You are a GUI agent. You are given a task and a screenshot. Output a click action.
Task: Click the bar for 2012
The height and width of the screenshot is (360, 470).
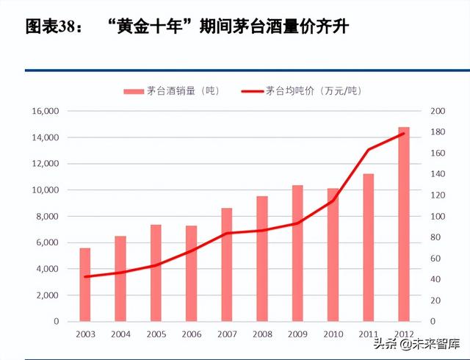404,224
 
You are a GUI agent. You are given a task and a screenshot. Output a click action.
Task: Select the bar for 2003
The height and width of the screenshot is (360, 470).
85,284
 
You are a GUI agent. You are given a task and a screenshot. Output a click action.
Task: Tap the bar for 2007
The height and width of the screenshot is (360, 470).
227,264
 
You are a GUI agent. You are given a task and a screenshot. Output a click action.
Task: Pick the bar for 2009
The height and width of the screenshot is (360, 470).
297,253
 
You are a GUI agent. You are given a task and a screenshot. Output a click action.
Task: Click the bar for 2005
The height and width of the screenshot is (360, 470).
156,273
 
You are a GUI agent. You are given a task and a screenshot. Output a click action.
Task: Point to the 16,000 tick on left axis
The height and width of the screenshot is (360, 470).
45,111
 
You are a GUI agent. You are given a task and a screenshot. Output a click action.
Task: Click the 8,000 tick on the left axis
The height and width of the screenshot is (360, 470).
47,216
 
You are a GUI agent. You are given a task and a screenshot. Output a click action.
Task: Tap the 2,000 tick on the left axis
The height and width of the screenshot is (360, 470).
47,295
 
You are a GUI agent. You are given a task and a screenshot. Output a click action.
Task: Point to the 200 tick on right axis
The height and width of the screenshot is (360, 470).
437,111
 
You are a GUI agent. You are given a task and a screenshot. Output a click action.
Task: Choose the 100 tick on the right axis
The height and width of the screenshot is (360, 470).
437,216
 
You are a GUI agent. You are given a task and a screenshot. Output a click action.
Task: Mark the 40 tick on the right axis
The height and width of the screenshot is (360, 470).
435,279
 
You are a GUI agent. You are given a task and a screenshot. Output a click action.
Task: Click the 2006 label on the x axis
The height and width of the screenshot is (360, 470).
191,334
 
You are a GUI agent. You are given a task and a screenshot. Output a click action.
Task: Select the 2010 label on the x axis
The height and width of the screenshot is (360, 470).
333,334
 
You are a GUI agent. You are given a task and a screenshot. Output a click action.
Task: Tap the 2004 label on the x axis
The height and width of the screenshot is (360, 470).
120,334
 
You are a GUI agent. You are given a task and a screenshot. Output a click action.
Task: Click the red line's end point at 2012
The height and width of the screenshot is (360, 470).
404,134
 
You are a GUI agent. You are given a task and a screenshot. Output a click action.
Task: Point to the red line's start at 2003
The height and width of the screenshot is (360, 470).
85,277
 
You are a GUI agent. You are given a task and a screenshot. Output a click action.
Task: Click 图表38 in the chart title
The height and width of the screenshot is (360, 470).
51,28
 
